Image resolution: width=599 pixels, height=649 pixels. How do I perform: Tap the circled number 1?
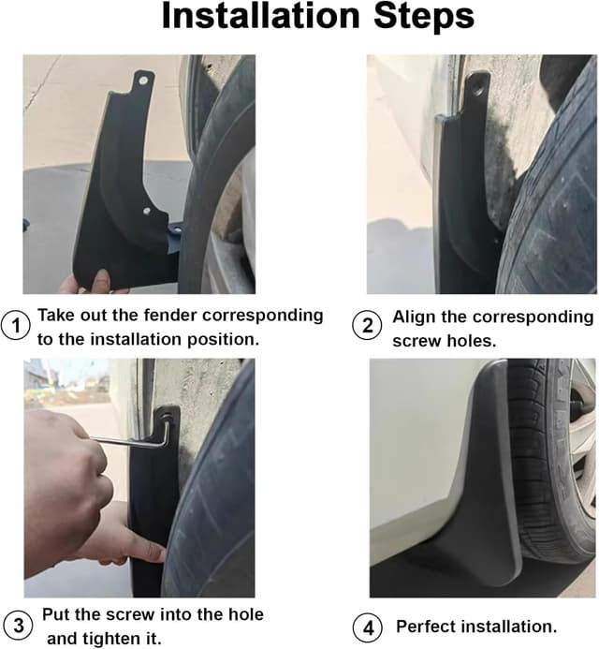click(x=16, y=327)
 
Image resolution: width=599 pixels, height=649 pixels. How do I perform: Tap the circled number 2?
click(x=367, y=327)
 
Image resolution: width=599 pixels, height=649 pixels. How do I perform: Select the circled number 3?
click(x=16, y=625)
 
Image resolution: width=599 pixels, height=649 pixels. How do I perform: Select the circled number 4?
click(x=367, y=626)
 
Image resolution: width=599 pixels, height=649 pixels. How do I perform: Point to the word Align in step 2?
click(x=414, y=317)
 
